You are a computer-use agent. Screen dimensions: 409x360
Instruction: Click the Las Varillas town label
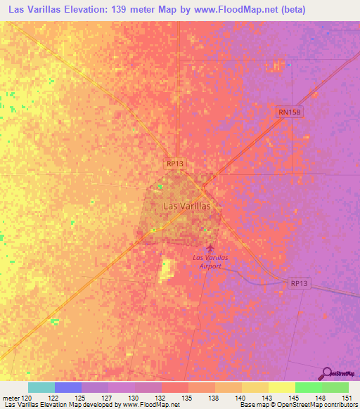(x=186, y=207)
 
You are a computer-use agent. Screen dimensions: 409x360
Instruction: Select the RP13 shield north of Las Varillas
(x=174, y=162)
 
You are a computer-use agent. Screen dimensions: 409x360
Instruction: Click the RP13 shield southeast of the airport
(x=299, y=283)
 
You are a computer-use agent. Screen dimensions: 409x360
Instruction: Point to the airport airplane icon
(x=209, y=248)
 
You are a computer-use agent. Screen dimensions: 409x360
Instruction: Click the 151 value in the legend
(x=348, y=397)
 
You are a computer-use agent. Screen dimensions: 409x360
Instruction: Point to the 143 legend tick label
(x=268, y=397)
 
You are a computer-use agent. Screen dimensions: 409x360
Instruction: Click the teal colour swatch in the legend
(x=41, y=387)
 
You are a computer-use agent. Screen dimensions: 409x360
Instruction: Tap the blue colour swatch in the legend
(x=68, y=387)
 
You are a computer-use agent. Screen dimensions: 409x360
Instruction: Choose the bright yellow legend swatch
(x=281, y=387)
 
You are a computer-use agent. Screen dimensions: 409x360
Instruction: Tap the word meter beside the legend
(x=11, y=397)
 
